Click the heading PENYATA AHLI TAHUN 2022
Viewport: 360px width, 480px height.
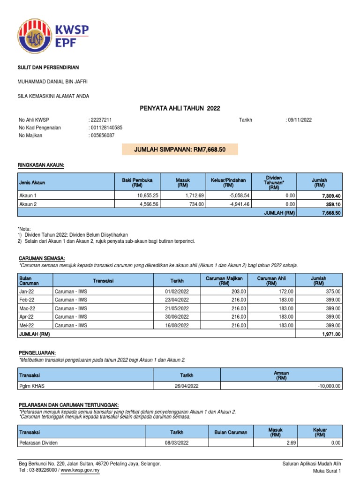pyautogui.click(x=180, y=109)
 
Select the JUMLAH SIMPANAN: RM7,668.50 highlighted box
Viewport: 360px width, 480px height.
pyautogui.click(x=180, y=149)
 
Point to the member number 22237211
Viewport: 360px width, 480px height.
pyautogui.click(x=101, y=120)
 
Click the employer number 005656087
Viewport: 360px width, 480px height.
pyautogui.click(x=102, y=135)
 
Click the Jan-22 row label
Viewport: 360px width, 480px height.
pyautogui.click(x=26, y=291)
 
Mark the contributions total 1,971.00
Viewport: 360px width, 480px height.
pyautogui.click(x=331, y=334)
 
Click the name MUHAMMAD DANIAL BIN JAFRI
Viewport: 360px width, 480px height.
pyautogui.click(x=52, y=82)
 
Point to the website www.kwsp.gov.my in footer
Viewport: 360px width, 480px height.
pyautogui.click(x=80, y=471)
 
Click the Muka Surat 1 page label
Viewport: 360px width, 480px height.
pyautogui.click(x=327, y=471)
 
